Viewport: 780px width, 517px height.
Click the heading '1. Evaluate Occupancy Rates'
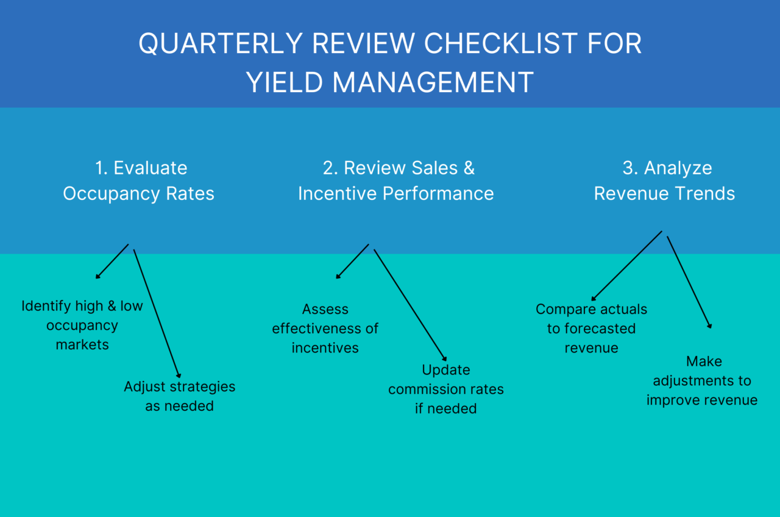click(x=139, y=181)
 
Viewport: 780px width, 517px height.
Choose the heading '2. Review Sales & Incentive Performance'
click(x=395, y=181)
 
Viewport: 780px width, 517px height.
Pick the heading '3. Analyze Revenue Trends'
click(x=664, y=181)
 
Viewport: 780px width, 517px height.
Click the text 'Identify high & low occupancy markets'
click(x=82, y=325)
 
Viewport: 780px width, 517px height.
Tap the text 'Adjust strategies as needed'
click(x=180, y=396)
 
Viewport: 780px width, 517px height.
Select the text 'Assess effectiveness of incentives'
click(x=325, y=329)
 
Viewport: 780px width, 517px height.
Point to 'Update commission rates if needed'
click(x=446, y=389)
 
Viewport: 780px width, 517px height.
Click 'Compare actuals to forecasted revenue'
click(x=591, y=329)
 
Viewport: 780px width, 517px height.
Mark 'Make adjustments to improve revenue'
click(x=702, y=380)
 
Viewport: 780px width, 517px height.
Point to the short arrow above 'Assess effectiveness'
click(x=353, y=262)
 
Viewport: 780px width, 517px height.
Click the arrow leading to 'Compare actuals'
click(x=626, y=264)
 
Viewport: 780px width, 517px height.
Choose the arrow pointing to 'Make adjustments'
click(x=689, y=282)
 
